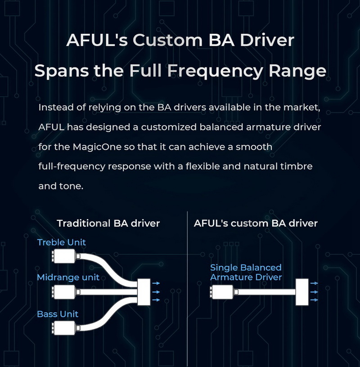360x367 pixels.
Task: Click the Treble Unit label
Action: (x=61, y=242)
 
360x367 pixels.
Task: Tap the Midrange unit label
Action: (x=68, y=277)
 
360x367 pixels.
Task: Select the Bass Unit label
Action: (x=58, y=314)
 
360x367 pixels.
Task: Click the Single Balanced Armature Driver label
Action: (x=246, y=273)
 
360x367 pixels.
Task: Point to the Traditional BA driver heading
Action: (x=108, y=223)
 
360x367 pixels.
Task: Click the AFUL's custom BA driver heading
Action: (x=256, y=223)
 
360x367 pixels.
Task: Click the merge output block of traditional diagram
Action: (x=144, y=292)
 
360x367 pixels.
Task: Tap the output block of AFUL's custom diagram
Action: (x=301, y=292)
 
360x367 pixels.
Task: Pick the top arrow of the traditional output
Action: (x=156, y=283)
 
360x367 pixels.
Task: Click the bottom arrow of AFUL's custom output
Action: (x=314, y=300)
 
